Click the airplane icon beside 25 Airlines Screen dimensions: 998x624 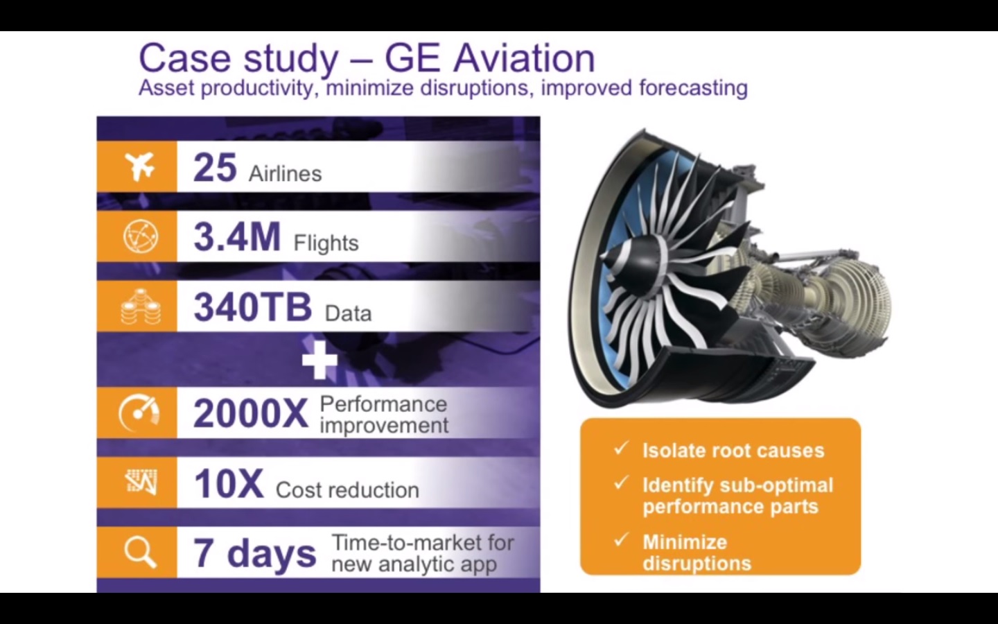pos(140,166)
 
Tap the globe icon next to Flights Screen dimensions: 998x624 pos(140,236)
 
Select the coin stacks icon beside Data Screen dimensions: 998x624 pos(141,306)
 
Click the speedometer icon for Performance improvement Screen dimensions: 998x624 pos(139,413)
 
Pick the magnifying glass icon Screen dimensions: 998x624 pos(140,553)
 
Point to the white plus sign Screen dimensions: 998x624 pos(319,360)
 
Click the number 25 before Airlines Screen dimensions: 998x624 pos(215,168)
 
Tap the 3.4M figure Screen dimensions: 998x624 pos(237,236)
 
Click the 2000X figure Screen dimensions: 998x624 pos(251,414)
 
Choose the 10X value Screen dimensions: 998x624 pos(229,484)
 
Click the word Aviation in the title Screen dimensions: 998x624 pos(524,58)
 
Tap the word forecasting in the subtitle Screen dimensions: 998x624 pos(693,88)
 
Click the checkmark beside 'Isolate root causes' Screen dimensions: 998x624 pos(621,448)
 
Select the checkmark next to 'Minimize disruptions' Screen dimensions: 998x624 pos(621,539)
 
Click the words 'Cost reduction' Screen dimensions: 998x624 pos(347,490)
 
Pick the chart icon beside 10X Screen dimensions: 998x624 pos(141,482)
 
